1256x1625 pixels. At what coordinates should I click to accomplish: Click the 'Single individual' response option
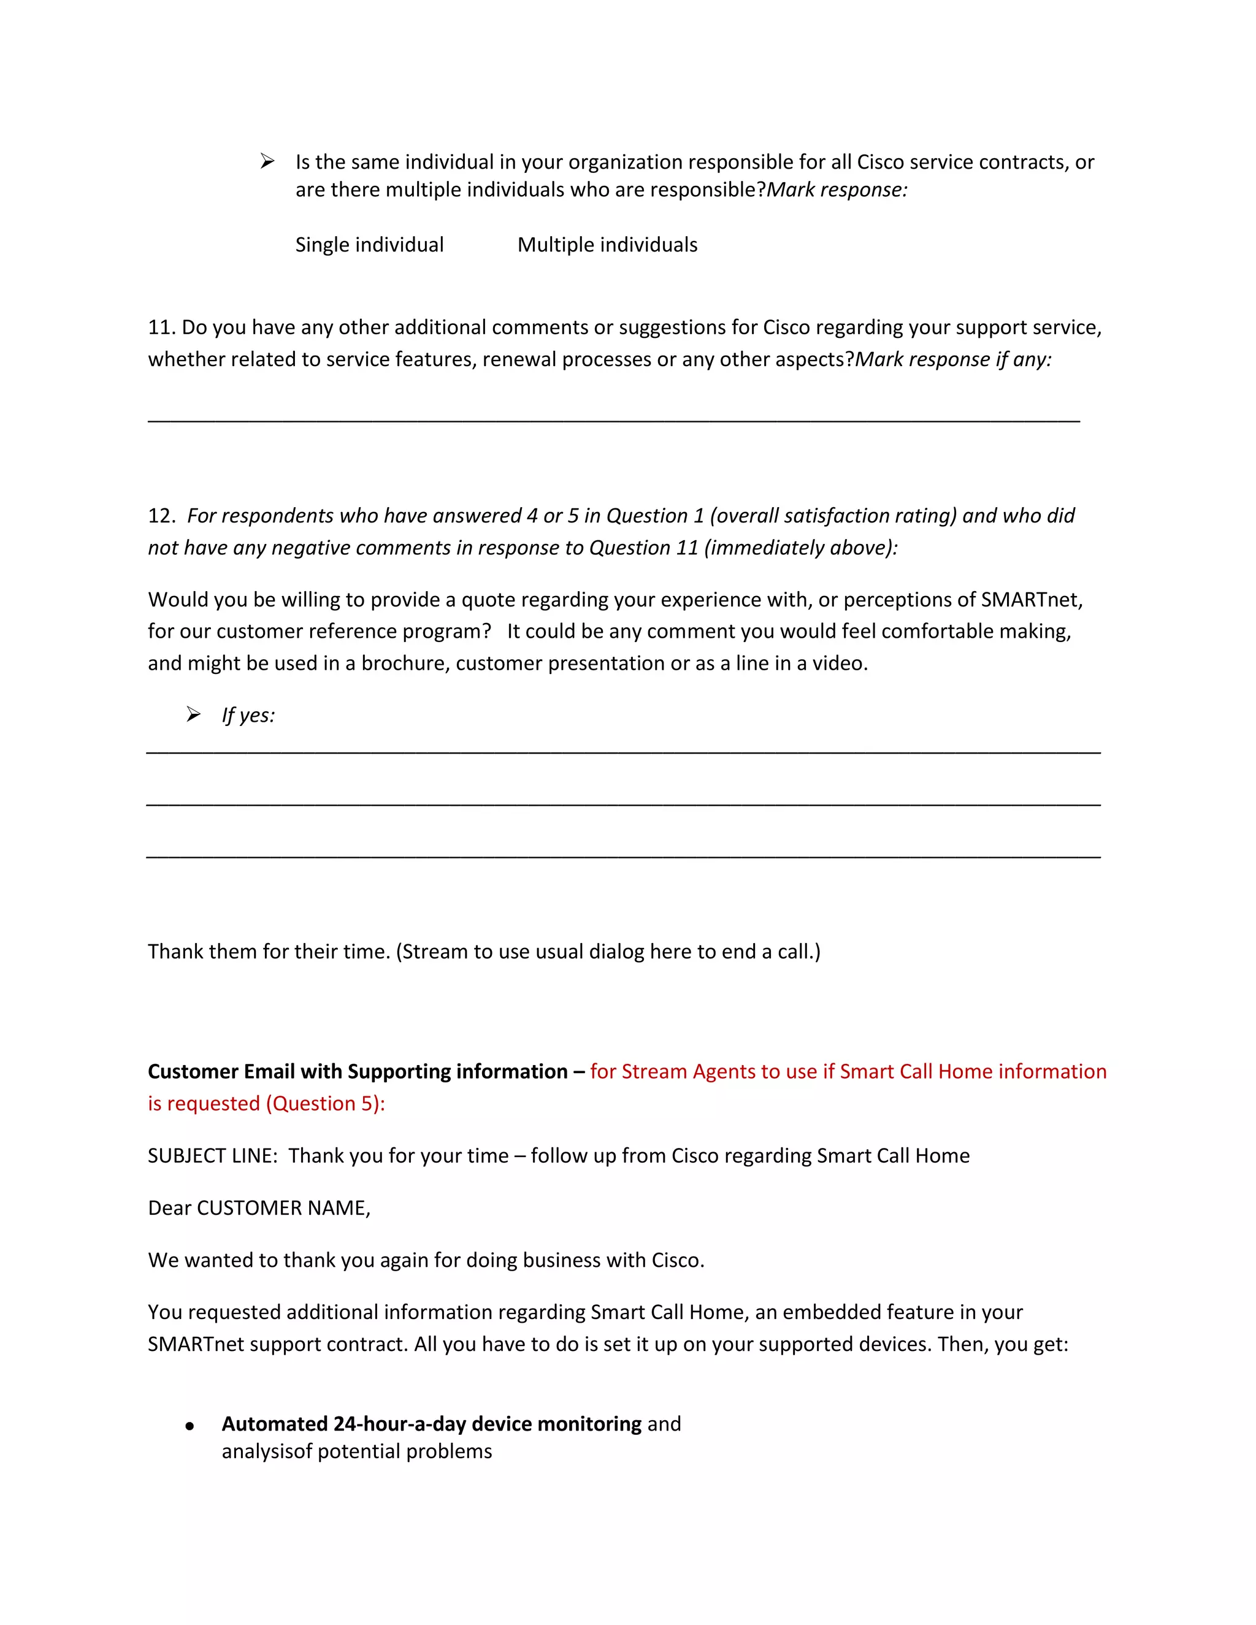point(369,245)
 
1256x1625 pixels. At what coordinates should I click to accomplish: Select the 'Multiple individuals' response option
point(607,245)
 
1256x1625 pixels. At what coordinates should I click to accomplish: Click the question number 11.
point(160,327)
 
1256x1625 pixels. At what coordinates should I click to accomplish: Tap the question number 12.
point(160,516)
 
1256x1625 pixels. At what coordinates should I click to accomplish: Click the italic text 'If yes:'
point(248,715)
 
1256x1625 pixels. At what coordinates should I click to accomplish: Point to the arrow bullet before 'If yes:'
point(193,715)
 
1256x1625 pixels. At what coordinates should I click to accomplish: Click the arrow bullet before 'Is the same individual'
point(267,161)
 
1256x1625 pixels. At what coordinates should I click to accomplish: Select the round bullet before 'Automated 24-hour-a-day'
point(190,1426)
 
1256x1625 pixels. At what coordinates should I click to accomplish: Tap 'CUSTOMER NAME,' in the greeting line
point(283,1207)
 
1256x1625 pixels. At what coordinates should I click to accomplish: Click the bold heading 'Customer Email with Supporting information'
point(357,1071)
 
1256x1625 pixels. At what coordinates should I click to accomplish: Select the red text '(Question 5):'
point(325,1103)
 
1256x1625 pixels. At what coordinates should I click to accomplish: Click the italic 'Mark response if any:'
point(953,359)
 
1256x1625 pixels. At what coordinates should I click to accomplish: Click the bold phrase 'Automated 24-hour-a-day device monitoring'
point(432,1424)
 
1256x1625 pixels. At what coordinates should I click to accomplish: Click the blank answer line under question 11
point(613,421)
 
